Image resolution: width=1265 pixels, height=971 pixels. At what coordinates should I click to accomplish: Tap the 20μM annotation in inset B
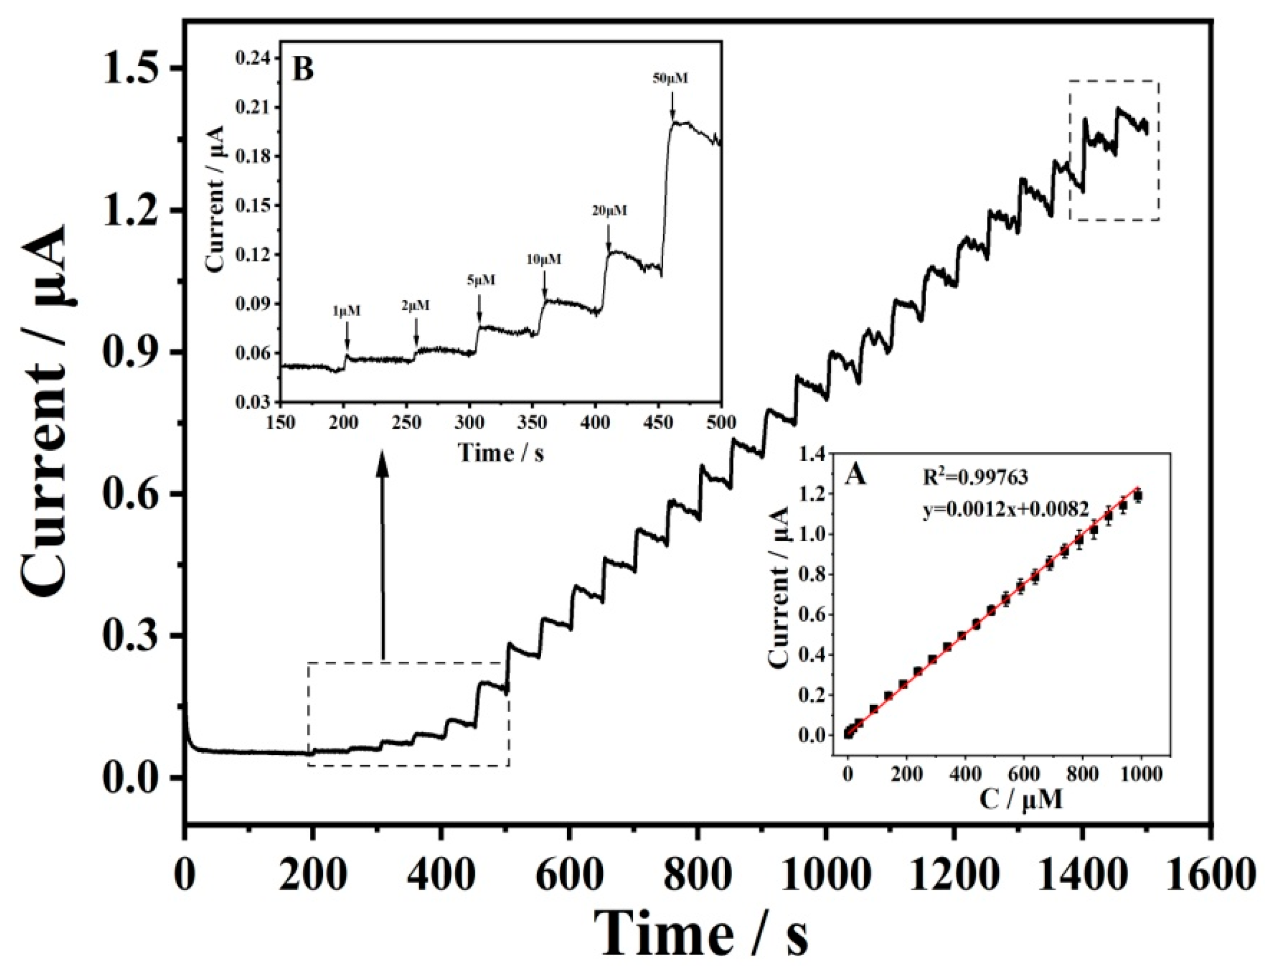click(x=609, y=211)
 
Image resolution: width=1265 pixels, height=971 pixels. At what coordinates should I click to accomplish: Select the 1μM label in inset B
click(x=346, y=311)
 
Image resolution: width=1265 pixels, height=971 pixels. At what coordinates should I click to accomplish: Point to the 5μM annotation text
click(x=480, y=280)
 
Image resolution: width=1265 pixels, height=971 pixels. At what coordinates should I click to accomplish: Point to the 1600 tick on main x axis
click(x=1211, y=876)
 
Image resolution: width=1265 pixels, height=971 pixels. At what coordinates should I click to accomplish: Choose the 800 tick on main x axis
click(x=698, y=876)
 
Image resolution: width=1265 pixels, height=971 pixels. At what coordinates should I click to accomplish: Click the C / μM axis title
click(x=1020, y=800)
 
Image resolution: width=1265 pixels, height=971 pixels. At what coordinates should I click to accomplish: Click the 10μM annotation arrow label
click(x=543, y=259)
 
